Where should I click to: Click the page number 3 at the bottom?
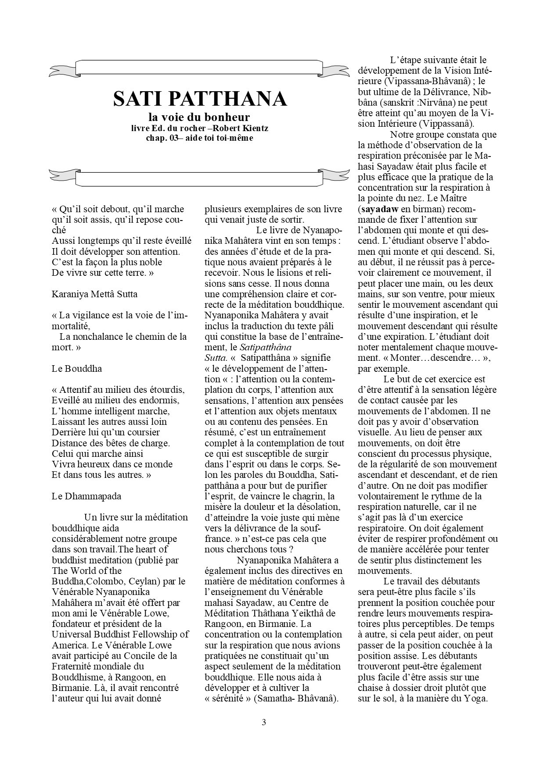pos(263,723)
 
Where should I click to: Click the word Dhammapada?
pos(93,496)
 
